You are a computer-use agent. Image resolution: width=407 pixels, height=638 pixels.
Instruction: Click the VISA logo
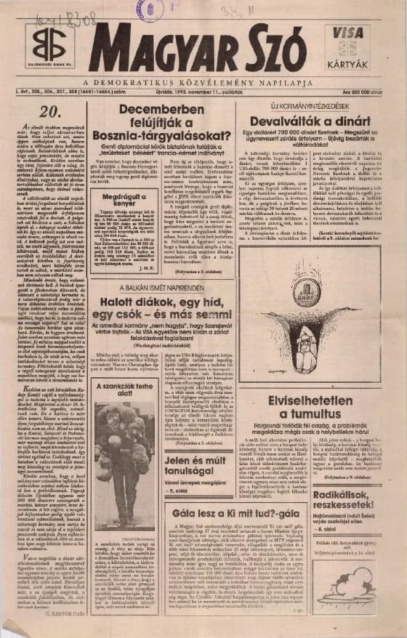point(347,33)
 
